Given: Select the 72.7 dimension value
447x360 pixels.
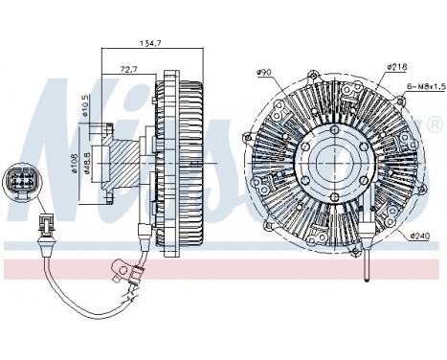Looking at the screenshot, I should pos(125,69).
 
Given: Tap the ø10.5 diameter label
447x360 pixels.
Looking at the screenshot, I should pos(87,106).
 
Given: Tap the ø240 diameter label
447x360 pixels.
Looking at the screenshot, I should pos(422,236).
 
